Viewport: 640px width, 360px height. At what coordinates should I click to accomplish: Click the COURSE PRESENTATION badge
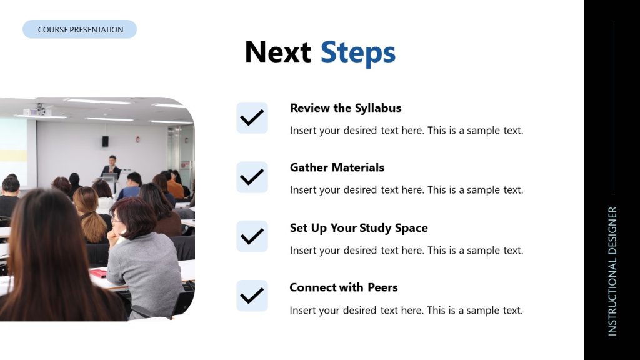(80, 29)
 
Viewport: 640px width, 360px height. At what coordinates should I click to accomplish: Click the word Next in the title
(277, 52)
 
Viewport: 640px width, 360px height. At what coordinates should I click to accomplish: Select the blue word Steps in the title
(357, 52)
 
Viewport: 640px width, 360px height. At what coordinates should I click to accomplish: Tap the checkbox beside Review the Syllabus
(252, 117)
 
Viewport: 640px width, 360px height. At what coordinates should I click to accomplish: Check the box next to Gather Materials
(252, 177)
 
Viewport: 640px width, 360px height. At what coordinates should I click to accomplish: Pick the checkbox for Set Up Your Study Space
(252, 236)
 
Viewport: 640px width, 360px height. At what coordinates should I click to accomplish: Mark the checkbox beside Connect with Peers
(252, 296)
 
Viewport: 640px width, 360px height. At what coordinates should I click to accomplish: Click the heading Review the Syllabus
(346, 108)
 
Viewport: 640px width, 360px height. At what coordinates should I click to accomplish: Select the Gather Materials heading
(337, 167)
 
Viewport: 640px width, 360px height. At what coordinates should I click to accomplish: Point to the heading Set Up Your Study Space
(359, 228)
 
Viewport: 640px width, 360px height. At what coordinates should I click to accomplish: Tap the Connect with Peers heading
(344, 287)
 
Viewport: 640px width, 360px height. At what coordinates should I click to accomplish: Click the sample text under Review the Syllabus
(406, 131)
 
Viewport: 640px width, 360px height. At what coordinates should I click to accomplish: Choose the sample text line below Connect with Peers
(406, 311)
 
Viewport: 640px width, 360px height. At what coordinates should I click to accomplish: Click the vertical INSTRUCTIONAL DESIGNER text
(612, 271)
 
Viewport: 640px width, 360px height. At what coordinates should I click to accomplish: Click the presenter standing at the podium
(112, 167)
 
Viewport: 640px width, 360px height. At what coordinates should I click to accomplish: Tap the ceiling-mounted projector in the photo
(37, 111)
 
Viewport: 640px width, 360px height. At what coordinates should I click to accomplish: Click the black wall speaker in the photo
(105, 141)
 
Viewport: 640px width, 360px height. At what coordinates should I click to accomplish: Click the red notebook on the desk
(98, 272)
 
